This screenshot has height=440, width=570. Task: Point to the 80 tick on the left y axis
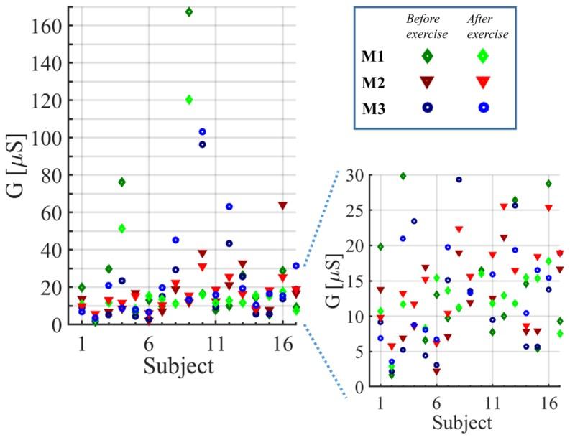tap(55, 174)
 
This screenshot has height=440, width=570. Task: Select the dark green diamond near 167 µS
tap(189, 12)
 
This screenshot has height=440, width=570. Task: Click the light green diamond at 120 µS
tap(189, 100)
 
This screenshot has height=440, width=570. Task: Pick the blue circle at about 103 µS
tap(203, 132)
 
